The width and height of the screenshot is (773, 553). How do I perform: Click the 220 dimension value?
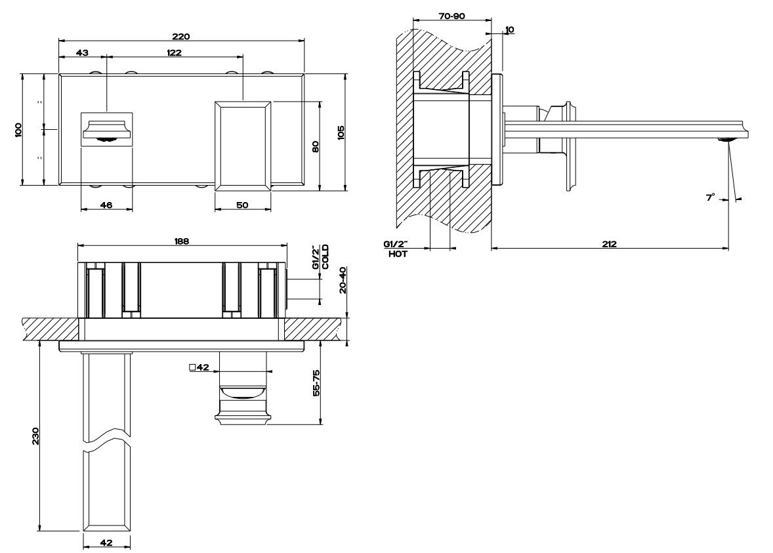(181, 36)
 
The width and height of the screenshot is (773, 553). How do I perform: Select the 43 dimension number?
(82, 52)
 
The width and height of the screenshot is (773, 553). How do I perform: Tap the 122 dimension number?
(173, 52)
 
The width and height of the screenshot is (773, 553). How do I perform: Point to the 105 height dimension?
(341, 133)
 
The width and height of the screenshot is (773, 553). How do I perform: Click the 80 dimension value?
(316, 146)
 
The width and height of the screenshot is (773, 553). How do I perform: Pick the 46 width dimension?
(106, 205)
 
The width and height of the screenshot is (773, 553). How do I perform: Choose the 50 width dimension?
(242, 205)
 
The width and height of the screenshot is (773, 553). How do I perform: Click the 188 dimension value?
(181, 241)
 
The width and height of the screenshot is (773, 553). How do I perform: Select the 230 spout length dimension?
(35, 436)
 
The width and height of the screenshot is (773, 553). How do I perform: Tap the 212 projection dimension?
(610, 243)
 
